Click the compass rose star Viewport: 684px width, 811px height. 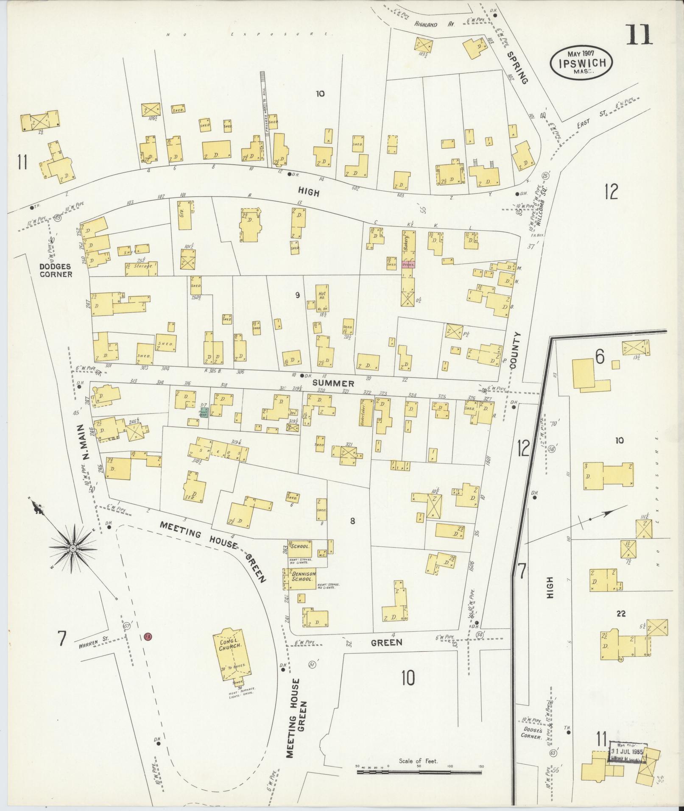(x=73, y=549)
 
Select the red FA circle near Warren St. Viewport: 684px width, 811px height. (x=148, y=636)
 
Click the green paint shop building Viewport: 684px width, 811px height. (x=204, y=412)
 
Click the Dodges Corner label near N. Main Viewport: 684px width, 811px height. (x=56, y=270)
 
